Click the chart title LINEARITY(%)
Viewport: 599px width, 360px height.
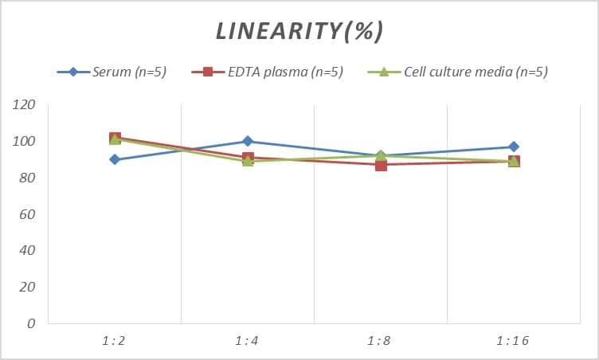299,31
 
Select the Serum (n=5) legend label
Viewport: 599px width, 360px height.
128,72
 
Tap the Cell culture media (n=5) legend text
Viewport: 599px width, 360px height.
476,72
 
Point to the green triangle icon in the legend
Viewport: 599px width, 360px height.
382,72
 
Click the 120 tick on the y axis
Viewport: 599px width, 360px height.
25,105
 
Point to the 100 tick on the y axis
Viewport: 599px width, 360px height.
25,142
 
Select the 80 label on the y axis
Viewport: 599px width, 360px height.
28,178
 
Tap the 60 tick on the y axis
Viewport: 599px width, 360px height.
28,214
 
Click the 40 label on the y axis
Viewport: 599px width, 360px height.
28,250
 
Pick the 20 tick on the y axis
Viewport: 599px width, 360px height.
28,287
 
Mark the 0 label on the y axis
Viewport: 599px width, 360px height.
32,323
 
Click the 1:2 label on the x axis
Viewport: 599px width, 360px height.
115,341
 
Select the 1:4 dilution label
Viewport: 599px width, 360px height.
248,341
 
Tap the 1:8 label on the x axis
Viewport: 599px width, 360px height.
381,341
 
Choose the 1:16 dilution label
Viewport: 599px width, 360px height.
513,341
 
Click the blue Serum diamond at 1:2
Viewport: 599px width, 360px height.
115,159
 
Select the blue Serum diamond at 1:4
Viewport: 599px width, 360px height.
248,141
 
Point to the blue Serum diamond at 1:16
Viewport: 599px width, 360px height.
514,147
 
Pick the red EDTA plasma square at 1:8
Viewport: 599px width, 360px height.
381,165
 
